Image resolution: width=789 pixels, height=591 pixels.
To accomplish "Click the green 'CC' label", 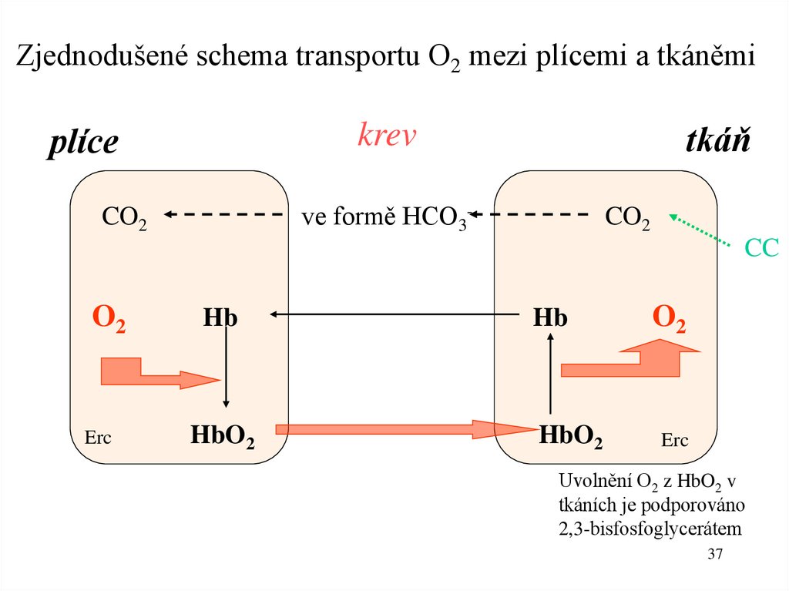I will coord(762,247).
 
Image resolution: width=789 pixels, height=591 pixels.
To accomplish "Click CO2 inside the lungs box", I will coord(125,217).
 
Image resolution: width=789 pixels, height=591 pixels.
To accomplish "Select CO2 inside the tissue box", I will coord(627,217).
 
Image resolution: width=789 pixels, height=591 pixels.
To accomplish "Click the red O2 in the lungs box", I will coord(109,319).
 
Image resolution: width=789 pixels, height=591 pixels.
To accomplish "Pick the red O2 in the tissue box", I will coord(669,319).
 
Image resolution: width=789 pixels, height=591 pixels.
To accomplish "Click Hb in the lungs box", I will coord(220,317).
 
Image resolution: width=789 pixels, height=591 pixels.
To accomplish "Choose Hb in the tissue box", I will coord(550,317).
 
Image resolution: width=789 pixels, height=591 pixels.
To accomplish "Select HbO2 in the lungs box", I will coord(223,436).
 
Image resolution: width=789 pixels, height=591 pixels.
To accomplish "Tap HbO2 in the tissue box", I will coord(571,436).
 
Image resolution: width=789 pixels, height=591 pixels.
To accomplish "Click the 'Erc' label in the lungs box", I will coord(98,438).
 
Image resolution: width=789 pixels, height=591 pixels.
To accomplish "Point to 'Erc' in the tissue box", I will coord(674,441).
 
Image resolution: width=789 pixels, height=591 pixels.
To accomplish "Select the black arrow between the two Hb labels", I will coord(393,314).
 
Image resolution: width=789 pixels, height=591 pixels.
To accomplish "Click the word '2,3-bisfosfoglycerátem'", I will coord(648,529).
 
